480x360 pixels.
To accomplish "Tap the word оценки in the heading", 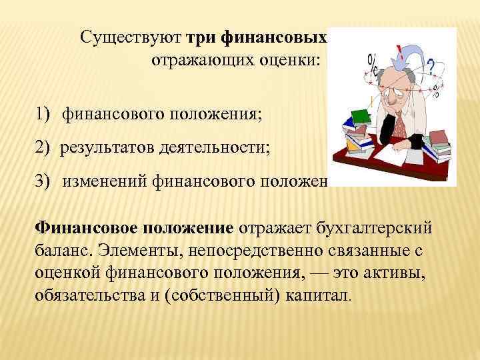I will (x=295, y=61).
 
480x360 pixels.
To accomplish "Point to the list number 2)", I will (x=44, y=147).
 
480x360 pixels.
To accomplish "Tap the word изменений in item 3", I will (x=105, y=178).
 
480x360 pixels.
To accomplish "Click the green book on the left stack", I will (x=360, y=117).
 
